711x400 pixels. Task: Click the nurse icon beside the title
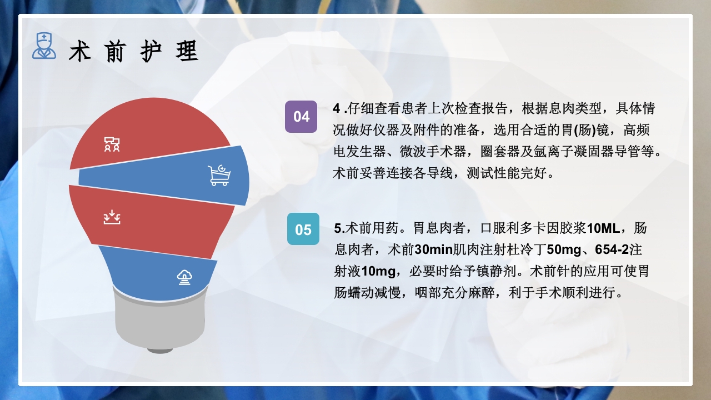[x=44, y=46]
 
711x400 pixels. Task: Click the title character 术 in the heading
[x=80, y=52]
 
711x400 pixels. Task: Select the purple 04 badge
[x=301, y=117]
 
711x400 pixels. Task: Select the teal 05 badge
[x=303, y=229]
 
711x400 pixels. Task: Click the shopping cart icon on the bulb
[x=219, y=175]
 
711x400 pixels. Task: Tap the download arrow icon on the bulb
[x=112, y=217]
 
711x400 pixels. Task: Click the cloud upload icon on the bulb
[x=184, y=277]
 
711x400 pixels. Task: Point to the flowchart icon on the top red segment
[x=112, y=144]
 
